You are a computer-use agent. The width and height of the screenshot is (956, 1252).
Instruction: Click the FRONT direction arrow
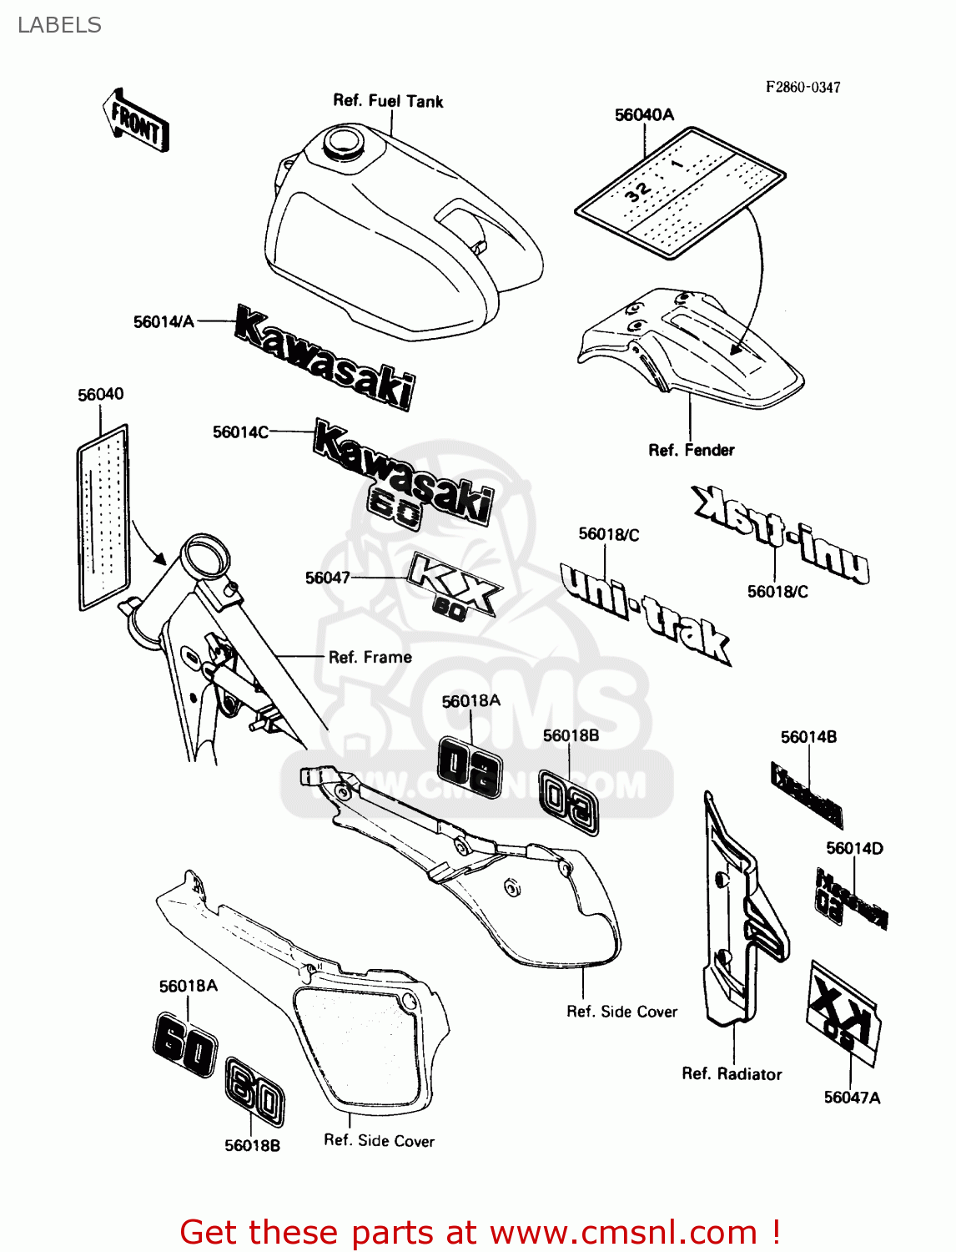(x=136, y=121)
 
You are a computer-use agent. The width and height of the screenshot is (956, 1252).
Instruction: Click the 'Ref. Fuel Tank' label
(x=388, y=101)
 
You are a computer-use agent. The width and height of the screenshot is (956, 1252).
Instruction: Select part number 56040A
(x=644, y=115)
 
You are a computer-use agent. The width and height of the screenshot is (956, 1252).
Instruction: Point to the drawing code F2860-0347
(x=803, y=87)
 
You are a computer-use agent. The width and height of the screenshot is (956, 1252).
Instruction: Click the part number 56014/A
(x=164, y=321)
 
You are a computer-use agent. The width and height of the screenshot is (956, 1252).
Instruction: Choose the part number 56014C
(x=240, y=432)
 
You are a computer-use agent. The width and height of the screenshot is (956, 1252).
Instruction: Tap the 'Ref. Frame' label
(x=370, y=657)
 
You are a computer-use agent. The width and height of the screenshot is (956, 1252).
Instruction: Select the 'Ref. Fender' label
(x=692, y=450)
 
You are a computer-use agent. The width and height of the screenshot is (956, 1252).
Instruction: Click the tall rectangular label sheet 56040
(x=103, y=516)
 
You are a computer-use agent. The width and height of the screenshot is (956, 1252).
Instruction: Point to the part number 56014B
(x=808, y=737)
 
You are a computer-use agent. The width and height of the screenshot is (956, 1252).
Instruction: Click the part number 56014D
(x=854, y=848)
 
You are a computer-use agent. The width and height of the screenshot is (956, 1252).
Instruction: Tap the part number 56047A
(x=852, y=1098)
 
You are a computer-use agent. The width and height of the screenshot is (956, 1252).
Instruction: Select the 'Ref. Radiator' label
(x=732, y=1074)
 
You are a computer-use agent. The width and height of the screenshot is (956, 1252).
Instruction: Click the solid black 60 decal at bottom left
(x=184, y=1042)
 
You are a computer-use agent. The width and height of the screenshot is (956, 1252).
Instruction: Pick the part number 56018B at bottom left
(x=252, y=1145)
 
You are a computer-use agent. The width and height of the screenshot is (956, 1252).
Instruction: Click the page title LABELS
(x=59, y=25)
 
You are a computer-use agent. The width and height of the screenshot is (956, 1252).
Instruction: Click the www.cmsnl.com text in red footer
(x=623, y=1232)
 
